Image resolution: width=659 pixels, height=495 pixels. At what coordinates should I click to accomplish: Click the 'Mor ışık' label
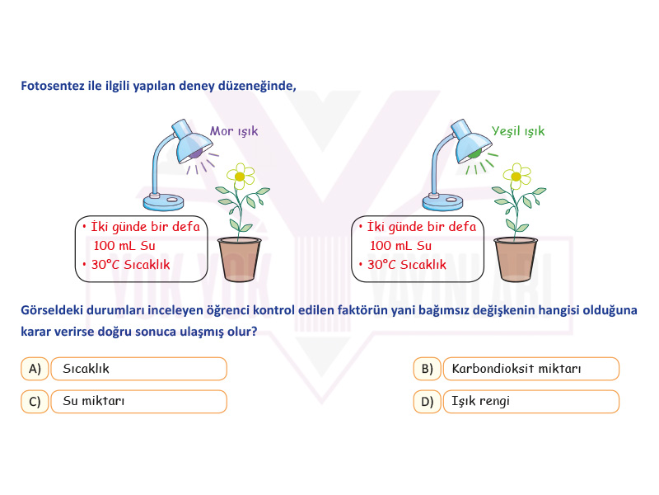234,131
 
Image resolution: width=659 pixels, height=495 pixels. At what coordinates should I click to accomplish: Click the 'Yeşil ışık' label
518,131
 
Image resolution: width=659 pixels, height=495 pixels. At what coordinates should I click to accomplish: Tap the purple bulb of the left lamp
196,153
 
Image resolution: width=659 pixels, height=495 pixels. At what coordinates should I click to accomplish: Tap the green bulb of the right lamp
474,153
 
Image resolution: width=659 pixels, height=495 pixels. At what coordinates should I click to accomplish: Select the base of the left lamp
163,202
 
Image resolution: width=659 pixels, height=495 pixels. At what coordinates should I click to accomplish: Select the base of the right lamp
442,202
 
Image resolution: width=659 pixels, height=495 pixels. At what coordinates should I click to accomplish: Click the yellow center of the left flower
240,177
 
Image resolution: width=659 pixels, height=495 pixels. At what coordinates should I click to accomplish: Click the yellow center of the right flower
516,177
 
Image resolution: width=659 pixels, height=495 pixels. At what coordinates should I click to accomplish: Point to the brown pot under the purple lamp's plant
239,259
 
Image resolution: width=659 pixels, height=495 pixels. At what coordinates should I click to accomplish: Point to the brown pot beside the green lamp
516,259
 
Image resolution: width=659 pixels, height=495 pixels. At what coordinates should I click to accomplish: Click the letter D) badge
427,402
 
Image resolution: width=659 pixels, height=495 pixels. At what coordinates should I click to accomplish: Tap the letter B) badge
427,369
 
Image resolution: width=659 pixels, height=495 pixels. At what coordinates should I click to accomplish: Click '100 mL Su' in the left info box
124,245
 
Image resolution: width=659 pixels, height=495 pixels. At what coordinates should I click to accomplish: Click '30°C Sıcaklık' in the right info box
407,264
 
